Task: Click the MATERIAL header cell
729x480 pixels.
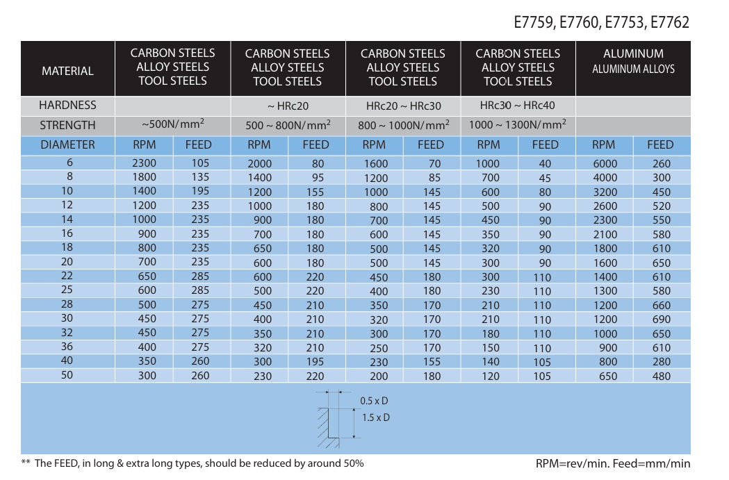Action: point(67,71)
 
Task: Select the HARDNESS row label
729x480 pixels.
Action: point(67,106)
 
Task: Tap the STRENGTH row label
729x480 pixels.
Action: point(67,126)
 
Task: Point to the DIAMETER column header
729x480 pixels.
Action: point(67,145)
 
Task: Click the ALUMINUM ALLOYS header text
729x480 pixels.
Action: point(633,69)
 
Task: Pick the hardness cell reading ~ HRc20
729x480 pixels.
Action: point(288,106)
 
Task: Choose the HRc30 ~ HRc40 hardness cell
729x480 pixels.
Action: point(518,106)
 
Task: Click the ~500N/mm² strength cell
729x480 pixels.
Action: point(172,126)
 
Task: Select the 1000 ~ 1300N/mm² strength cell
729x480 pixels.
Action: point(518,126)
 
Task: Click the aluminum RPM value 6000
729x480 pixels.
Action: point(604,164)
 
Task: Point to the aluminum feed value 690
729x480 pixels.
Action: point(661,320)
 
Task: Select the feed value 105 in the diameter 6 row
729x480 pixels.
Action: point(200,164)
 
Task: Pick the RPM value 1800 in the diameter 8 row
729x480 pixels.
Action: point(144,177)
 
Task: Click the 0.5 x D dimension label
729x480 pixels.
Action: point(374,402)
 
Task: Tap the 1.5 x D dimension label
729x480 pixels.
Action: point(376,417)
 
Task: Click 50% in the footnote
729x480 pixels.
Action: point(352,463)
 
